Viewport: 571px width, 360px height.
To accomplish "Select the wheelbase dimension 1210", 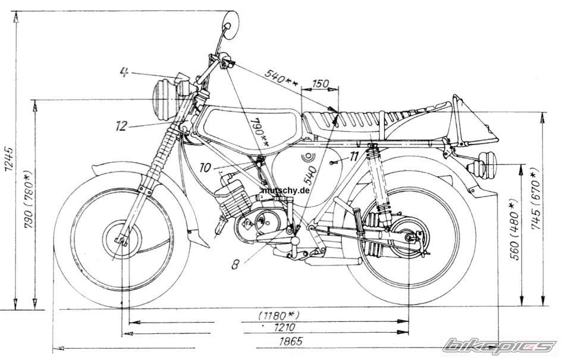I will [287, 328].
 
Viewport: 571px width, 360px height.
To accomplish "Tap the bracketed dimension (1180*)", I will [278, 314].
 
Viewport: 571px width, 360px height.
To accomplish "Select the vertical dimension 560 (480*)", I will [515, 229].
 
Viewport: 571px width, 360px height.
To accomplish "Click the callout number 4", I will [124, 72].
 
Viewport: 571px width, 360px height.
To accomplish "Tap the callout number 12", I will [122, 126].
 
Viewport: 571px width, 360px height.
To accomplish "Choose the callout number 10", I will [205, 168].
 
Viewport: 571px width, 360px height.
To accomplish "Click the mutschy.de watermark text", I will [285, 192].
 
